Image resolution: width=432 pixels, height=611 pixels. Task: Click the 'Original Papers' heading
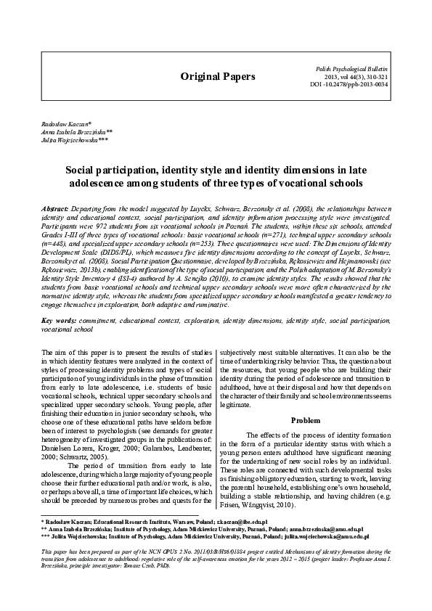coord(218,76)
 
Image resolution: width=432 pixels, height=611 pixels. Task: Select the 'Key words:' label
coord(58,320)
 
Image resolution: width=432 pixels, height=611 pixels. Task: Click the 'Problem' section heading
coord(305,420)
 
